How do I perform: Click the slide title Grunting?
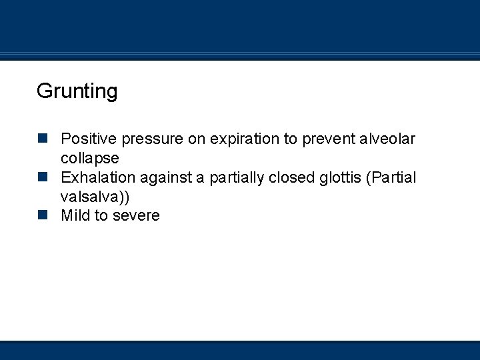77,91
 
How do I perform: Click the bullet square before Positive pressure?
43,139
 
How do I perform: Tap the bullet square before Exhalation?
43,177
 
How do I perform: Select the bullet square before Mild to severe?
43,215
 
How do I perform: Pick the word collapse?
90,159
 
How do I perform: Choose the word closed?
292,177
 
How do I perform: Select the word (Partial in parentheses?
392,178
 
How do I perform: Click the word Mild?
75,215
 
